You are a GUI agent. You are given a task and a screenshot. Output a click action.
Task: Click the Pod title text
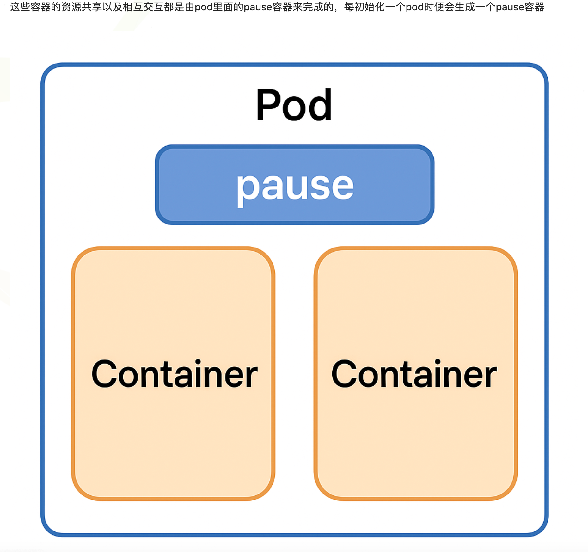click(294, 105)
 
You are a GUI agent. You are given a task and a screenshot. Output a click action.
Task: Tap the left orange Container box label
click(174, 373)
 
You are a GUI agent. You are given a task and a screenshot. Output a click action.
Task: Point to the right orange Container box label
click(414, 373)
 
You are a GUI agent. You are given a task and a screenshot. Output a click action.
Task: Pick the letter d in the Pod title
click(321, 105)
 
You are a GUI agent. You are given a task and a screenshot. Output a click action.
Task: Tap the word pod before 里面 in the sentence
click(203, 7)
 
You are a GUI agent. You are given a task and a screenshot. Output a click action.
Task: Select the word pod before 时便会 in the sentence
click(414, 7)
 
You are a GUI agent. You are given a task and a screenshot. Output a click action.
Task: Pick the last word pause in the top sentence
click(510, 7)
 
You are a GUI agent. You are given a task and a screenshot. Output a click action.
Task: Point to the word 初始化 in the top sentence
click(370, 7)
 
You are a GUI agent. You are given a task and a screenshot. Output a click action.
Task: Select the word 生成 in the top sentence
click(464, 7)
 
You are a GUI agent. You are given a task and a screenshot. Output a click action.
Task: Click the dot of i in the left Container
click(198, 361)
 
